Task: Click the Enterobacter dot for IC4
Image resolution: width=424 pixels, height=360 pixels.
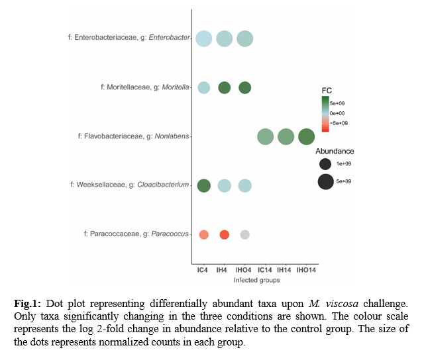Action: tap(204, 39)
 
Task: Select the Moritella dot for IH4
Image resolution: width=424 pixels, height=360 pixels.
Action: tap(224, 87)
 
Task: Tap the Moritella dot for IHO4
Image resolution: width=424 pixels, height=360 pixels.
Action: tap(244, 87)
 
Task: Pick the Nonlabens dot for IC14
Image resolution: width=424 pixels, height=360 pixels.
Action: tap(265, 137)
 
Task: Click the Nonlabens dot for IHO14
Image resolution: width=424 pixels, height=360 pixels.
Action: tap(306, 137)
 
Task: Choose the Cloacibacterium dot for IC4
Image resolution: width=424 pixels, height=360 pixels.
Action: tap(204, 185)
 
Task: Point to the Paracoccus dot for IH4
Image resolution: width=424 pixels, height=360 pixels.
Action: tap(224, 234)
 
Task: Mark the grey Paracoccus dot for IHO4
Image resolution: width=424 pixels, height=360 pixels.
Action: tap(244, 234)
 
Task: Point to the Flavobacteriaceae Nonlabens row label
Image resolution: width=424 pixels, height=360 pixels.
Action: tap(133, 137)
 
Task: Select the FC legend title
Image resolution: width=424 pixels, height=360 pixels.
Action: tap(327, 90)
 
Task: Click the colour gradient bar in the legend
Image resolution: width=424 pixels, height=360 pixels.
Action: tap(325, 114)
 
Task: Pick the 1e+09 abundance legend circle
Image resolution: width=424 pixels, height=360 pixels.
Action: tap(325, 163)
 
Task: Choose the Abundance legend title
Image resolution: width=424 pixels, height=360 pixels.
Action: tap(335, 151)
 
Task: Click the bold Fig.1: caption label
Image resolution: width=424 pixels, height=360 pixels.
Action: tap(28, 302)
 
